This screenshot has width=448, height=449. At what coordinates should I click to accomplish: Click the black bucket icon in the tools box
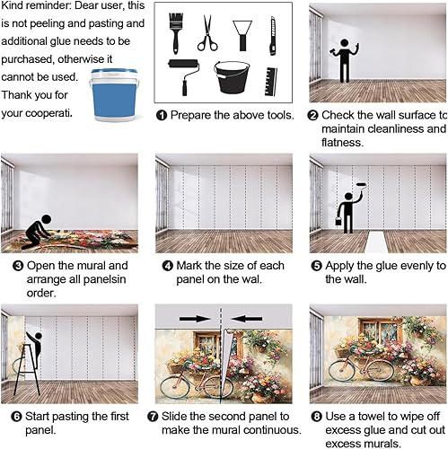(x=232, y=78)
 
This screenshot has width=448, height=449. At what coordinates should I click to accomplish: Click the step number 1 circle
(x=162, y=116)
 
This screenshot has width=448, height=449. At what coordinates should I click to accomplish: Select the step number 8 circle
(x=315, y=417)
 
